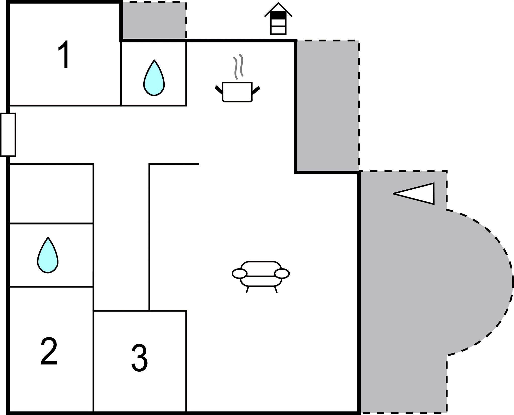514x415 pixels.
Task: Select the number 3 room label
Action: click(139, 357)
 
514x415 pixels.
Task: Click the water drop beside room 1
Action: click(154, 78)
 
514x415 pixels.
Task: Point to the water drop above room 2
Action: click(48, 255)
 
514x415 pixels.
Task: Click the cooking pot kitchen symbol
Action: click(237, 92)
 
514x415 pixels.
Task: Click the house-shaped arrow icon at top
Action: click(278, 19)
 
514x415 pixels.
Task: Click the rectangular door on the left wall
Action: click(8, 135)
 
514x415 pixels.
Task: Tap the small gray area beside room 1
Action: click(154, 21)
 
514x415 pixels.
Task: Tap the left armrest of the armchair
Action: click(239, 274)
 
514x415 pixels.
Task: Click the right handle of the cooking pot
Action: click(256, 91)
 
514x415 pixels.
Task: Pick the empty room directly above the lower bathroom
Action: click(51, 193)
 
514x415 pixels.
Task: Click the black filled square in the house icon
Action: click(278, 15)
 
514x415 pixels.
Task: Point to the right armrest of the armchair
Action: click(282, 273)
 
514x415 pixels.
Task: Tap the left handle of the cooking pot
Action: click(219, 90)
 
